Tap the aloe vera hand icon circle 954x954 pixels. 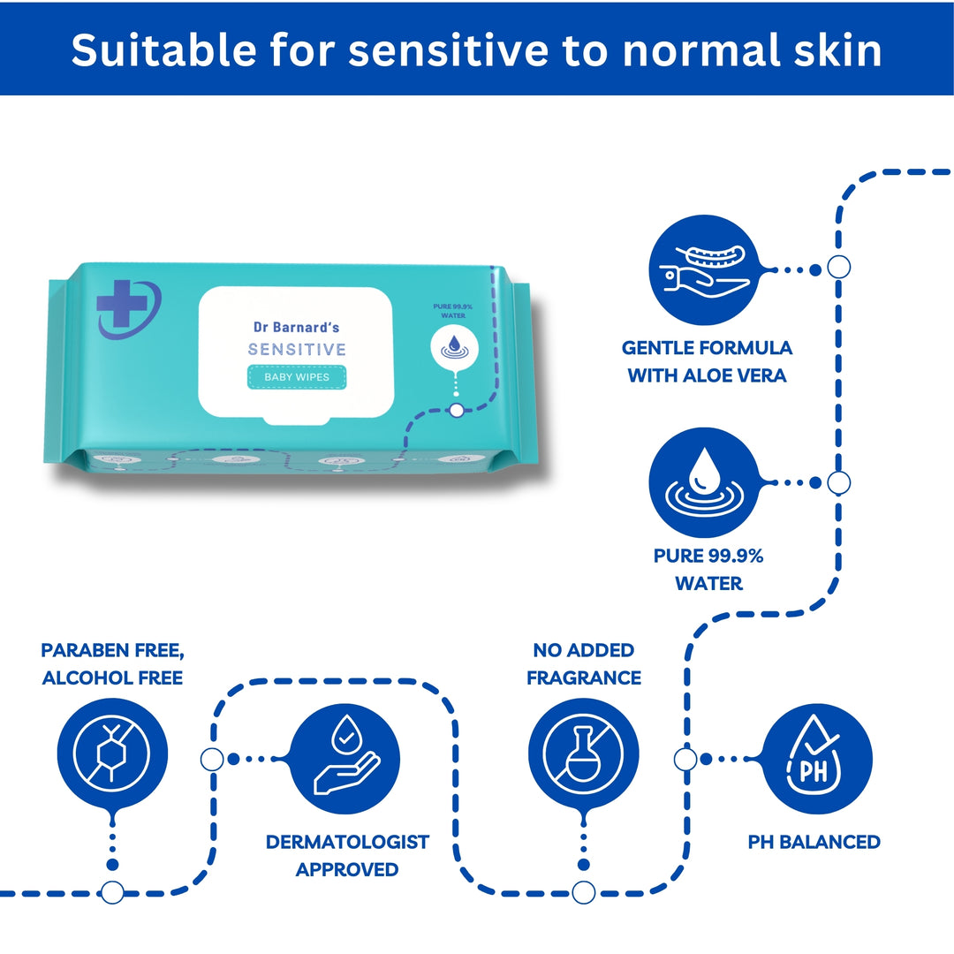[705, 269]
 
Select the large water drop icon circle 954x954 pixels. [705, 482]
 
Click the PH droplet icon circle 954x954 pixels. [817, 759]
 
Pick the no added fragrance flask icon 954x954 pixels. [584, 753]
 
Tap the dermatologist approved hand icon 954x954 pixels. [345, 759]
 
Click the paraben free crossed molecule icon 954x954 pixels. [112, 753]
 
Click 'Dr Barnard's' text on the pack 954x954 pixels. [296, 328]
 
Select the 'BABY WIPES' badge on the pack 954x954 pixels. [297, 377]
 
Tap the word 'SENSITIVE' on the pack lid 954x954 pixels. [297, 349]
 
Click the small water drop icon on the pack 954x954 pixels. [454, 348]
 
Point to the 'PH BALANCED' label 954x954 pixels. [814, 842]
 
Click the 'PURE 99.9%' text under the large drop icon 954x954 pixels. [708, 556]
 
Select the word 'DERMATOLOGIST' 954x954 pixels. [347, 842]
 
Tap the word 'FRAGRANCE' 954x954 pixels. [584, 678]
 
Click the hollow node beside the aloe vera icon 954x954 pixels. [838, 267]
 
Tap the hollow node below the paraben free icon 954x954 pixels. [112, 892]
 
